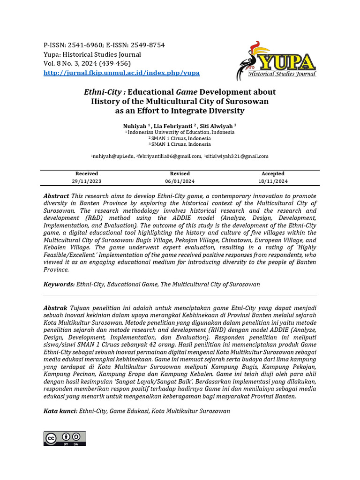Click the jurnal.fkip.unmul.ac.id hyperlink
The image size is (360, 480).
click(x=121, y=73)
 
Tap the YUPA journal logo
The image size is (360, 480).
click(x=277, y=60)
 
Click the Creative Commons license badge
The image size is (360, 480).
click(x=65, y=438)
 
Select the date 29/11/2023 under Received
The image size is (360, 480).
click(x=87, y=181)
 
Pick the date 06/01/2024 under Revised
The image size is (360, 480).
click(x=180, y=181)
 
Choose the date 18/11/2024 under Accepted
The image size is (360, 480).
click(x=273, y=181)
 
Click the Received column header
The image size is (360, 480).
click(x=87, y=173)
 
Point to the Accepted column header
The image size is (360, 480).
click(x=273, y=173)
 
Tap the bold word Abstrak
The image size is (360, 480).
click(x=55, y=308)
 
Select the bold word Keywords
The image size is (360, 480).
click(x=59, y=284)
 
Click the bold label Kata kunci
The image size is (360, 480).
click(x=60, y=411)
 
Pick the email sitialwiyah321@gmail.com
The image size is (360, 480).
click(x=237, y=156)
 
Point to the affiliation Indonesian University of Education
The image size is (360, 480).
click(x=180, y=132)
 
